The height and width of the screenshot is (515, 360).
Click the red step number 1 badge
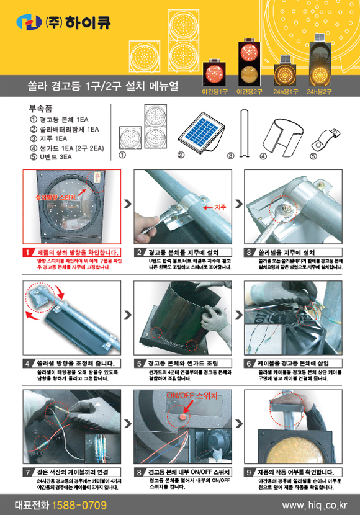[x=29, y=253]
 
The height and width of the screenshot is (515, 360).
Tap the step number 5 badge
[x=140, y=363]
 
